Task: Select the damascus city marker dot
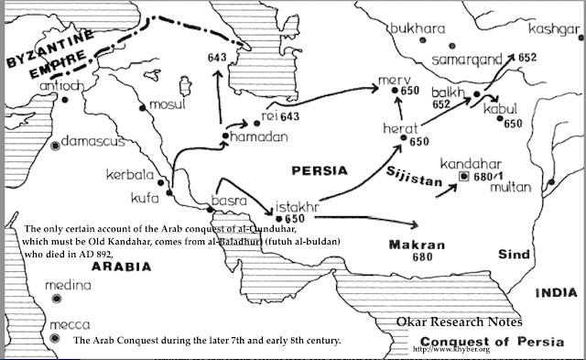[x=57, y=144]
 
